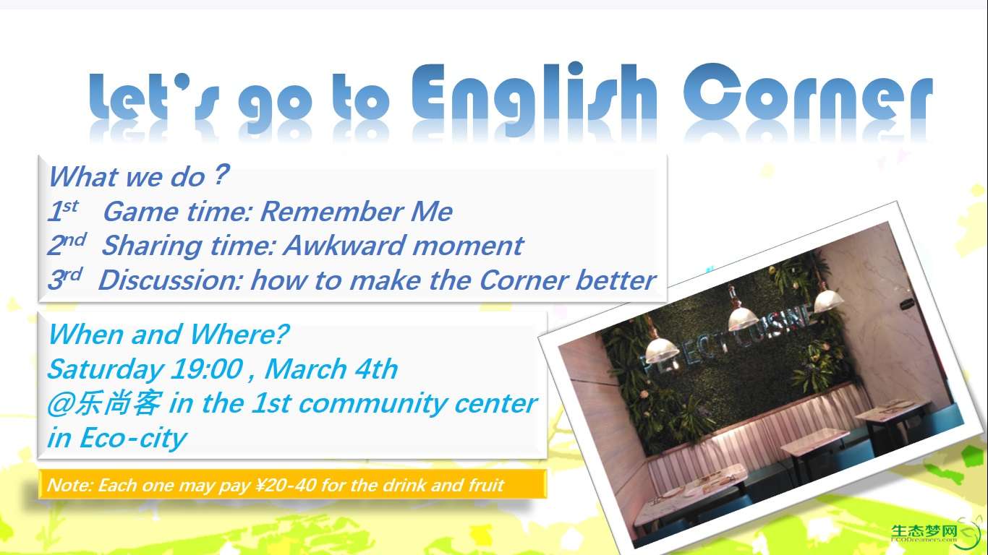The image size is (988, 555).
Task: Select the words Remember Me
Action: tap(357, 212)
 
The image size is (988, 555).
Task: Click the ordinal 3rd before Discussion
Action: tap(65, 278)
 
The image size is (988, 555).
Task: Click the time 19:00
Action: tap(207, 369)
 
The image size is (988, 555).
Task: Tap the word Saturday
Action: tap(105, 369)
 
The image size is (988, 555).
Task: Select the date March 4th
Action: tap(331, 369)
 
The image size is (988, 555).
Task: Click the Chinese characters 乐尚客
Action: tap(117, 403)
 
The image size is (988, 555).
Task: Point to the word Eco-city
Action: tap(133, 438)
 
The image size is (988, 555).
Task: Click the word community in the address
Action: tap(371, 404)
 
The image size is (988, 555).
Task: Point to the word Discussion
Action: tap(170, 280)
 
